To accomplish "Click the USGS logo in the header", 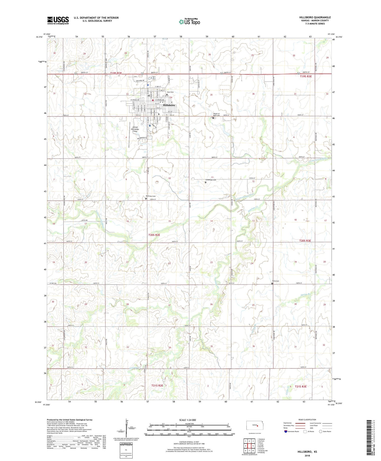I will (58, 20).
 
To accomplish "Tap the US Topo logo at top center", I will (189, 22).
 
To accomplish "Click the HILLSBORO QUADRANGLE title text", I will (315, 17).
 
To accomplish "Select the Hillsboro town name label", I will (169, 105).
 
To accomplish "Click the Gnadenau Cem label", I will (211, 180).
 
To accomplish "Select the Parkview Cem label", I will (150, 196).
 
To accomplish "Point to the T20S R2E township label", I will (154, 235).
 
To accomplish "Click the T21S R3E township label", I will (300, 386).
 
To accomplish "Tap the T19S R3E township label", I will (306, 76).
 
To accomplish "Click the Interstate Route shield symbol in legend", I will (286, 432).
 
